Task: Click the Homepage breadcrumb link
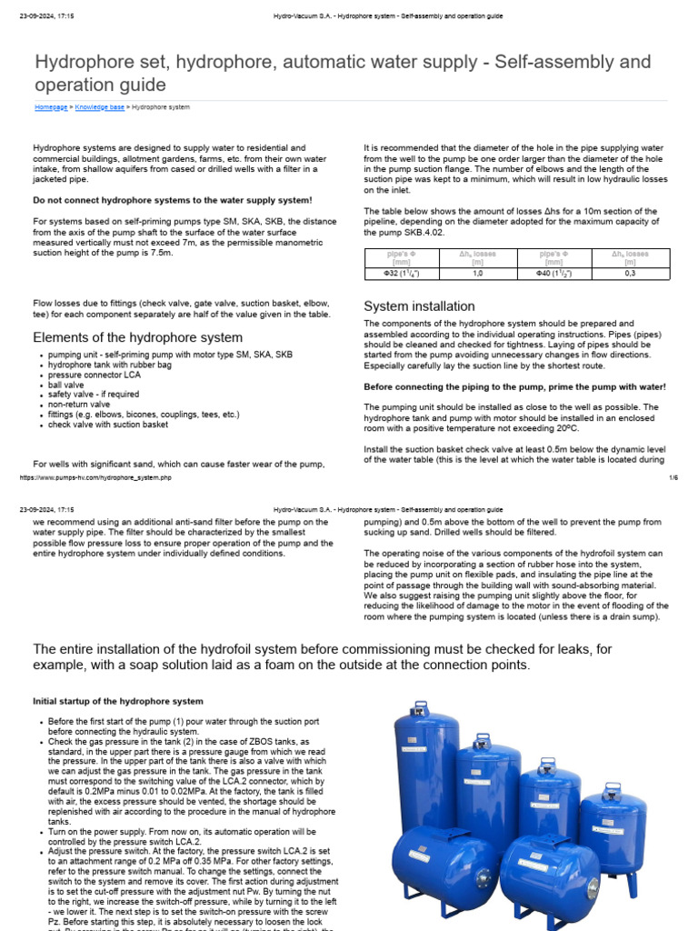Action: [x=51, y=107]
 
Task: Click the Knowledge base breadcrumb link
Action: [x=100, y=107]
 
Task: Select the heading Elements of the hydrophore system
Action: [x=137, y=337]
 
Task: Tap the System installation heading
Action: [x=419, y=306]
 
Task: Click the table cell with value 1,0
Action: [x=477, y=272]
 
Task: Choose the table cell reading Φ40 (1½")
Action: [x=554, y=272]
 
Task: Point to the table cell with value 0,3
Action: [x=631, y=272]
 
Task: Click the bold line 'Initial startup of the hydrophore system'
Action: [x=118, y=701]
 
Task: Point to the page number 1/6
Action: [x=673, y=477]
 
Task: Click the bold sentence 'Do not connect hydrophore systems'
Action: [x=173, y=199]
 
